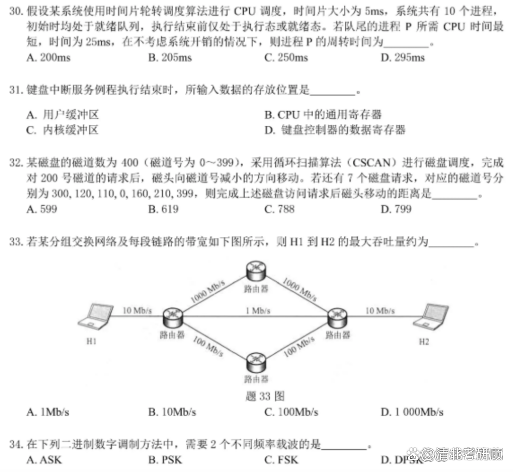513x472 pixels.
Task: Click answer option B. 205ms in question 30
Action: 170,57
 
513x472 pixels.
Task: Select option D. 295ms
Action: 403,57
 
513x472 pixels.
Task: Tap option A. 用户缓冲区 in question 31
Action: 63,115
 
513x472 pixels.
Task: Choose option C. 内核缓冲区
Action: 62,130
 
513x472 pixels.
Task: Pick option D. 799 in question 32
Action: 396,209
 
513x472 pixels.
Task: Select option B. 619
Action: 163,209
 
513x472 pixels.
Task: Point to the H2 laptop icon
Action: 430,316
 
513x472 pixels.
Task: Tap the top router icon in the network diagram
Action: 256,271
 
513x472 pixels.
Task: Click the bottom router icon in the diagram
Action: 256,363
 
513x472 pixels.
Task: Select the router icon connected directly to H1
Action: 173,318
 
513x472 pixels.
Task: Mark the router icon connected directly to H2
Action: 338,318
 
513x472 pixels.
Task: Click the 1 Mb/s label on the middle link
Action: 258,310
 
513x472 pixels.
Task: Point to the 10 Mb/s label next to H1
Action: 137,310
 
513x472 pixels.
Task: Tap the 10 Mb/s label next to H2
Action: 380,310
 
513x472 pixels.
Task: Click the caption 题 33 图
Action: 265,396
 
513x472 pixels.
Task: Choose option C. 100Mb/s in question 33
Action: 291,412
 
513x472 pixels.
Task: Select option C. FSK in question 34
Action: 281,460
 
